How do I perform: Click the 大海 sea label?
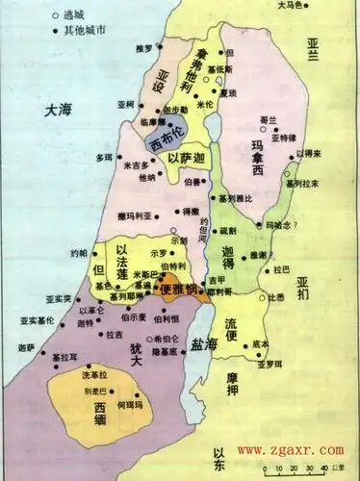tap(58, 112)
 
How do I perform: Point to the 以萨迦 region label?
tap(186, 159)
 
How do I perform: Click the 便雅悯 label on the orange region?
tap(178, 288)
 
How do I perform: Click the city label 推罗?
tap(141, 46)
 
